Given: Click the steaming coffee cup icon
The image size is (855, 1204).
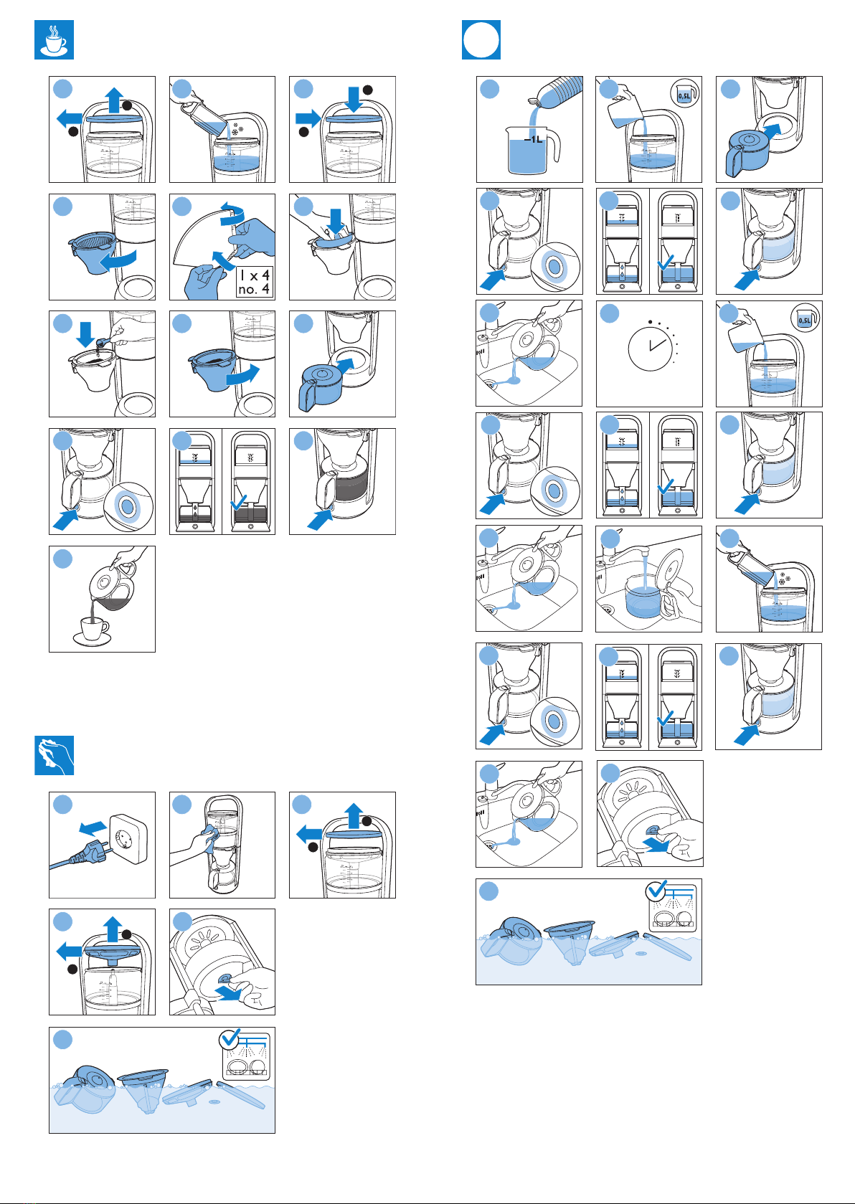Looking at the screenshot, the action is tap(54, 39).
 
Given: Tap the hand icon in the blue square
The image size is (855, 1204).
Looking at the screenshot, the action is tap(54, 755).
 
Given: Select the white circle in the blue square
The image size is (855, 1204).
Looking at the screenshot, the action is tap(481, 39).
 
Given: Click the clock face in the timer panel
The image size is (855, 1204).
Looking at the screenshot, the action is tap(650, 349).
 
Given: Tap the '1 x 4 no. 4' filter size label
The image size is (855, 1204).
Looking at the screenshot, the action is tap(255, 283).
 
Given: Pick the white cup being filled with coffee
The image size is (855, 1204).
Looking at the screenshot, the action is tap(95, 627).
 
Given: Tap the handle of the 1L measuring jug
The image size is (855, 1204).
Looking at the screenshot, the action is tap(554, 146).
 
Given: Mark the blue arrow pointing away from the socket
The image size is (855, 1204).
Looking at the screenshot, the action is tap(93, 828).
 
